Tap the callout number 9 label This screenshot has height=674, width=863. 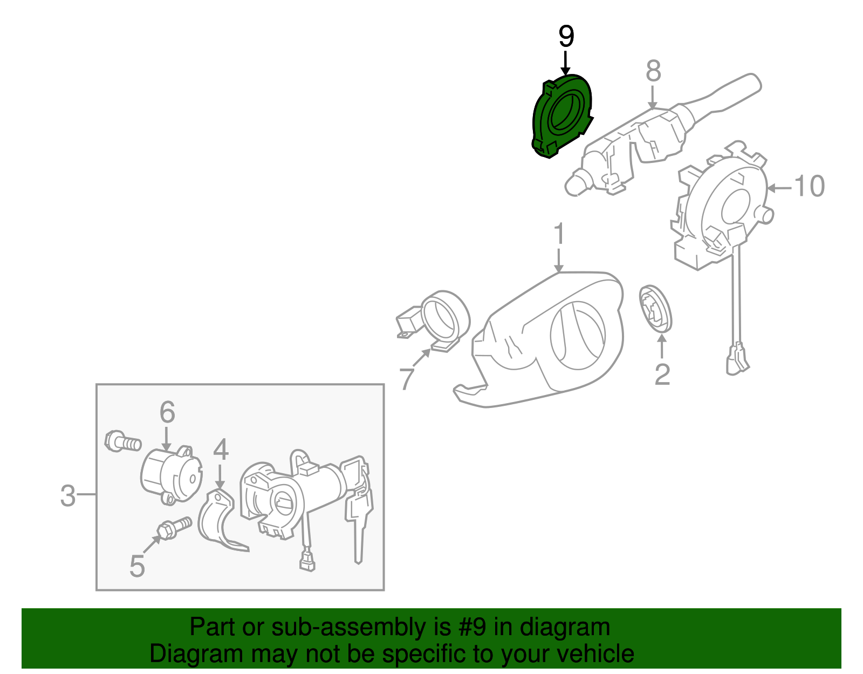click(x=566, y=36)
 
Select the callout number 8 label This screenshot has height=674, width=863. click(x=653, y=71)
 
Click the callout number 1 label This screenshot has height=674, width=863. click(x=559, y=234)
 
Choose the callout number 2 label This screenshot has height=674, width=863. click(x=662, y=374)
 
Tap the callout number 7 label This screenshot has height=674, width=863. click(x=406, y=379)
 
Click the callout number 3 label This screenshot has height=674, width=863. click(x=68, y=495)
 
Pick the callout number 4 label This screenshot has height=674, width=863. click(x=221, y=449)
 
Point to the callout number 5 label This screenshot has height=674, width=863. click(x=137, y=567)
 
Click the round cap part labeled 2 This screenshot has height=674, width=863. click(x=655, y=308)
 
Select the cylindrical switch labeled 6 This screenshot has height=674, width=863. click(x=171, y=475)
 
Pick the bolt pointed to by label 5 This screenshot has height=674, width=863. click(x=174, y=528)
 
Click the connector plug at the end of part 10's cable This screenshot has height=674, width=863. click(x=737, y=359)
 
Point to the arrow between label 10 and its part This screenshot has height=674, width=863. click(x=779, y=187)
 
